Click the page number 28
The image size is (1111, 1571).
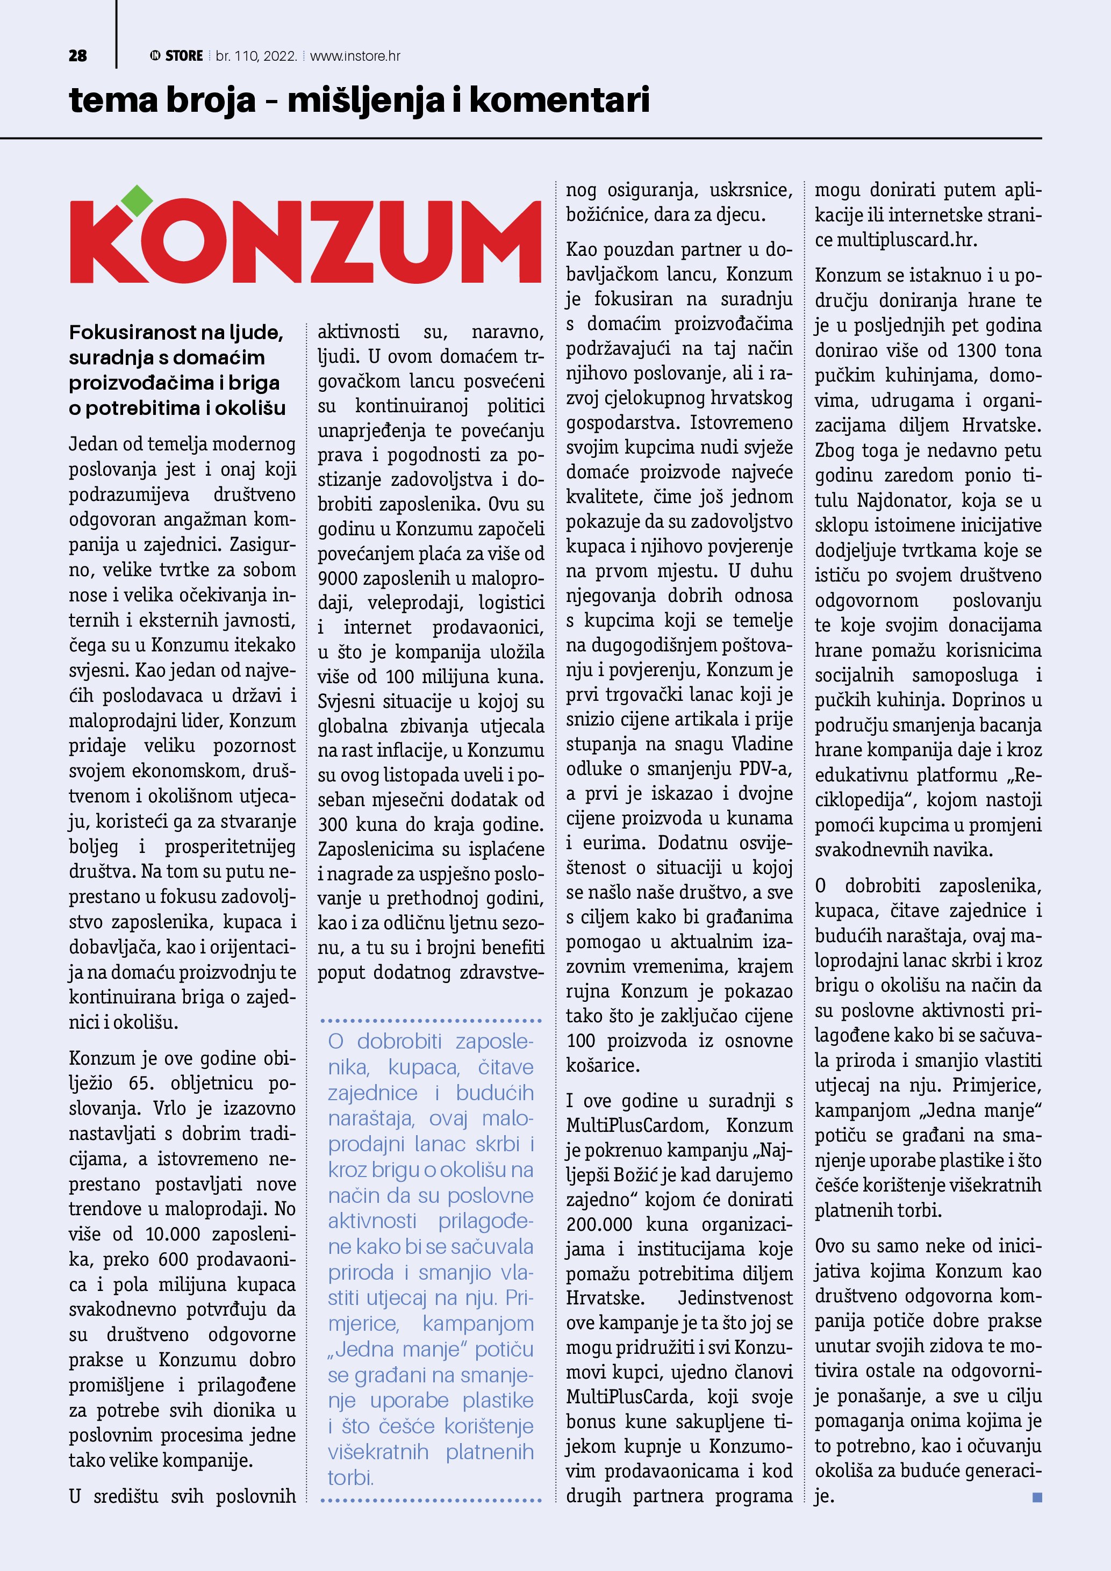(x=78, y=56)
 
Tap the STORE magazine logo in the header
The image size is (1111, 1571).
(x=176, y=56)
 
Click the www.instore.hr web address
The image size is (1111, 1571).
(x=355, y=56)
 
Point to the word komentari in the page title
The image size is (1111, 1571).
(x=559, y=100)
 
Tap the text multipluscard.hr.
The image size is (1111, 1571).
(x=907, y=240)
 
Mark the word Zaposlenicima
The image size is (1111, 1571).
(x=373, y=849)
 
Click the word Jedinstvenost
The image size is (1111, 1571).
(x=735, y=1298)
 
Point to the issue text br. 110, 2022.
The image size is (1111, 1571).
(x=256, y=56)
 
